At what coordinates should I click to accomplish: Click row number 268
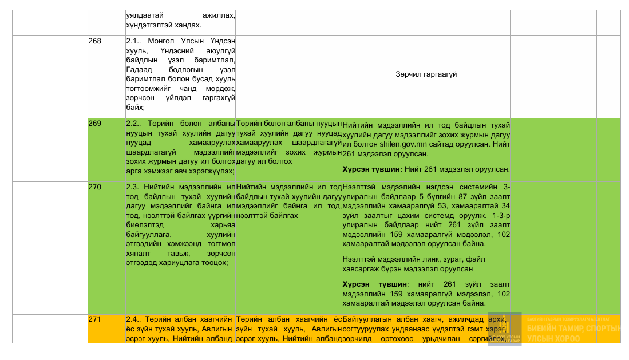[x=94, y=41]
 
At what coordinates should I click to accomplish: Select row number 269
[x=94, y=124]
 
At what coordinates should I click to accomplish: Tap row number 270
[x=94, y=187]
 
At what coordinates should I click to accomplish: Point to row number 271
[x=94, y=319]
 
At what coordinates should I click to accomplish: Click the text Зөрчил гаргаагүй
[x=426, y=74]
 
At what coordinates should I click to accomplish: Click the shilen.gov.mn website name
[x=400, y=145]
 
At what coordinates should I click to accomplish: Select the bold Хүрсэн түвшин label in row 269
[x=370, y=169]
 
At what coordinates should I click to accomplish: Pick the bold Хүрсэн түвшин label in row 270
[x=375, y=284]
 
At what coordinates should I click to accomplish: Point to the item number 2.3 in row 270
[x=133, y=187]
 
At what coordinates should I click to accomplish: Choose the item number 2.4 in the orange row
[x=133, y=319]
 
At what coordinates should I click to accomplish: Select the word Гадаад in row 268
[x=137, y=70]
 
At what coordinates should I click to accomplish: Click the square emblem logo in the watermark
[x=504, y=327]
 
